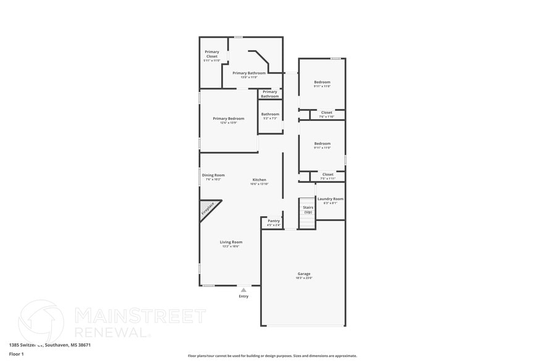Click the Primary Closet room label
point(212,56)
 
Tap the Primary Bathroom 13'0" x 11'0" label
point(249,75)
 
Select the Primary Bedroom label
point(229,120)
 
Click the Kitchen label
point(259,181)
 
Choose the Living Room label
point(231,244)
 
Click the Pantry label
point(274,223)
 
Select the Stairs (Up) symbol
point(307,213)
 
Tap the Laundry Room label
point(330,201)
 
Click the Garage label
point(303,275)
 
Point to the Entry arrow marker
point(243,290)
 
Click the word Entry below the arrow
point(243,296)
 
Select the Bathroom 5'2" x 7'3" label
point(270,115)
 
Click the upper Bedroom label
point(322,83)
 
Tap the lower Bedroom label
point(322,145)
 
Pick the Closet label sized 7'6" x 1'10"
point(326,114)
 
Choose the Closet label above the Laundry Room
point(327,176)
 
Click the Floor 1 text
point(16,354)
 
